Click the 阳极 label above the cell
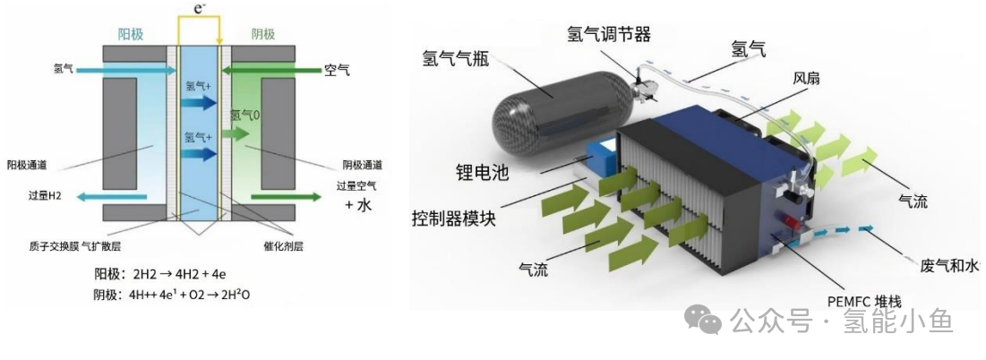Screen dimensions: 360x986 pyautogui.click(x=132, y=34)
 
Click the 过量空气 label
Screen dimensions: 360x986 pyautogui.click(x=356, y=186)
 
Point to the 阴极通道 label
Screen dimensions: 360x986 pyautogui.click(x=363, y=165)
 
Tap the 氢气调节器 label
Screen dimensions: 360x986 pyautogui.click(x=608, y=33)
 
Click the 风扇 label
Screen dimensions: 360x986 pyautogui.click(x=806, y=79)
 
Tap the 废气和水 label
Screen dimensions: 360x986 pyautogui.click(x=952, y=266)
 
